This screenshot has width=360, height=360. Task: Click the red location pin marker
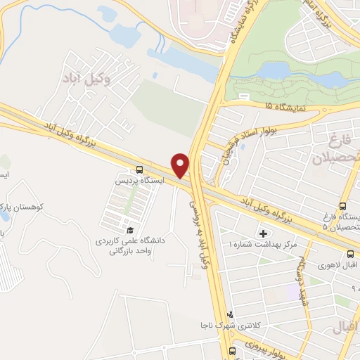pos(181,165)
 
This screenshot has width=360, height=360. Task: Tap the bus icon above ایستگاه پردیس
pos(139,169)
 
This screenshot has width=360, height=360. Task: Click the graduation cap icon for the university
pos(129,229)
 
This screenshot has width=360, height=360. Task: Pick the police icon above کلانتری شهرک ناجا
pos(229,314)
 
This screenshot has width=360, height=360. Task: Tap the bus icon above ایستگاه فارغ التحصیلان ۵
pos(342,207)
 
